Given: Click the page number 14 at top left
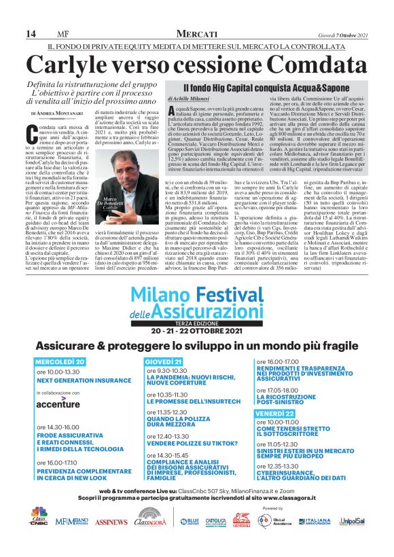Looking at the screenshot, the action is click(31, 34).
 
